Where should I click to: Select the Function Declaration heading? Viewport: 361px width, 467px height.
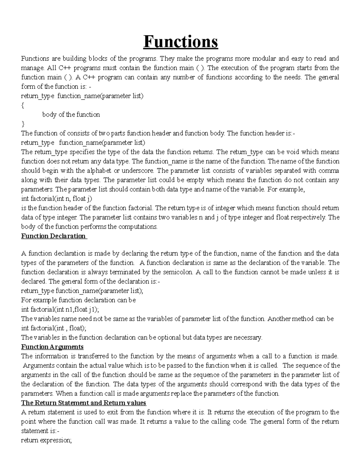54,236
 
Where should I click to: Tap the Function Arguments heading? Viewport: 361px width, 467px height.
52,347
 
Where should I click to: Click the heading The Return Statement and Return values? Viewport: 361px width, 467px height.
83,403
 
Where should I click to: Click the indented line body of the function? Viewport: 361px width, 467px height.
71,115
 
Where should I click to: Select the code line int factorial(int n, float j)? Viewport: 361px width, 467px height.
57,199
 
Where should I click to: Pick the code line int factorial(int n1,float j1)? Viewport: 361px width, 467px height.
60,309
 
